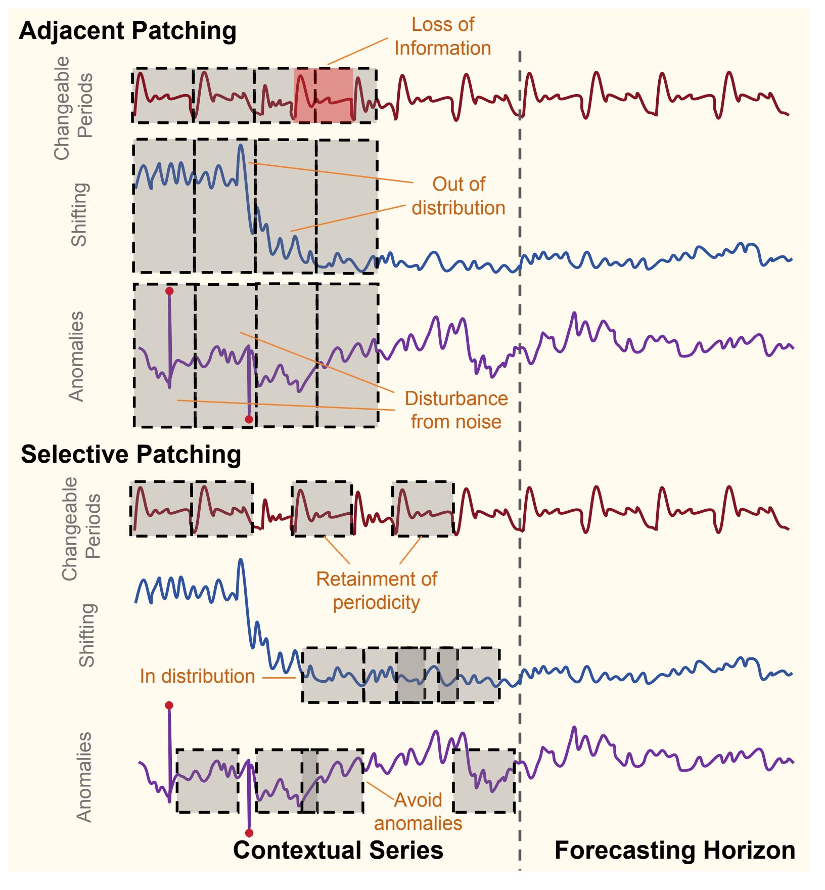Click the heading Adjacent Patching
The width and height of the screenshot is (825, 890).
(x=127, y=31)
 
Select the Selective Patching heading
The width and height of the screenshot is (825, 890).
(x=131, y=454)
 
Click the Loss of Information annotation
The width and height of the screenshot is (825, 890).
(x=442, y=36)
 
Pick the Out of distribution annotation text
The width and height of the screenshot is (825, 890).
(x=458, y=196)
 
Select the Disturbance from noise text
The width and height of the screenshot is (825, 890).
(x=456, y=410)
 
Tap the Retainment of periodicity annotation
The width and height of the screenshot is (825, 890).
(x=377, y=591)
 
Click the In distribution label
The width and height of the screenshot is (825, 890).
(x=197, y=676)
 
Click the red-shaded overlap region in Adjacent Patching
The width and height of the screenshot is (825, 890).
(x=324, y=95)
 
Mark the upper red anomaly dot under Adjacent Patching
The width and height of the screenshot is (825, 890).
(x=169, y=291)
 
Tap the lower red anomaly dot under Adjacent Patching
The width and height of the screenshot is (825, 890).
(x=249, y=419)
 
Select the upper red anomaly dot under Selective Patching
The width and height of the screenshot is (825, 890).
(x=169, y=705)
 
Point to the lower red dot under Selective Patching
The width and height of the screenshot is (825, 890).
(x=249, y=833)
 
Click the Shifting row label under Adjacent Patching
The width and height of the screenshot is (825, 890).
(x=80, y=214)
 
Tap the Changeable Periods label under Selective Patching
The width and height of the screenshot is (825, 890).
(x=81, y=528)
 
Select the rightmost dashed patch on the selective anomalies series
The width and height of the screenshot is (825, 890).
(x=484, y=781)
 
